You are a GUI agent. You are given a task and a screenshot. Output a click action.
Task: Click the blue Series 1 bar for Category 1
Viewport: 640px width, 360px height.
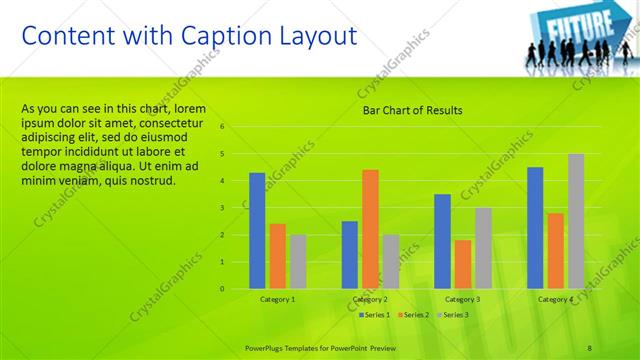[x=257, y=230]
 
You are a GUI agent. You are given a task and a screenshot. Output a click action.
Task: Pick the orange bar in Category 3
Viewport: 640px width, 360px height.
[x=462, y=264]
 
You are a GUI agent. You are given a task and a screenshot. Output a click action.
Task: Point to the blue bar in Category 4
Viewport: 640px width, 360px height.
[x=535, y=227]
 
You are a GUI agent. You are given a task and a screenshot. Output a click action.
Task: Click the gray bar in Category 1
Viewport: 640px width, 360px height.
[x=297, y=261]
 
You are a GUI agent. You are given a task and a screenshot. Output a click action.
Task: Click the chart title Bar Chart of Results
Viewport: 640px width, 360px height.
[x=412, y=110]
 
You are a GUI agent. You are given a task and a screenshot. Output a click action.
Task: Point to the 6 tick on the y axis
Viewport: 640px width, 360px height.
[x=236, y=127]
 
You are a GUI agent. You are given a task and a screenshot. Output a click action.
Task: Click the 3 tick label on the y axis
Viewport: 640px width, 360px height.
[x=236, y=208]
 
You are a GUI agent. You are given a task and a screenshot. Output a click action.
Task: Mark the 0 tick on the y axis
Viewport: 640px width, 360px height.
[x=236, y=289]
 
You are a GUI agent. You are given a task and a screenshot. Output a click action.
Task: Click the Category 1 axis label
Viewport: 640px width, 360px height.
[x=277, y=299]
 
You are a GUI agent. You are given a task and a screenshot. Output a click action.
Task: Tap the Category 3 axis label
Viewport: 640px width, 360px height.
[x=462, y=299]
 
